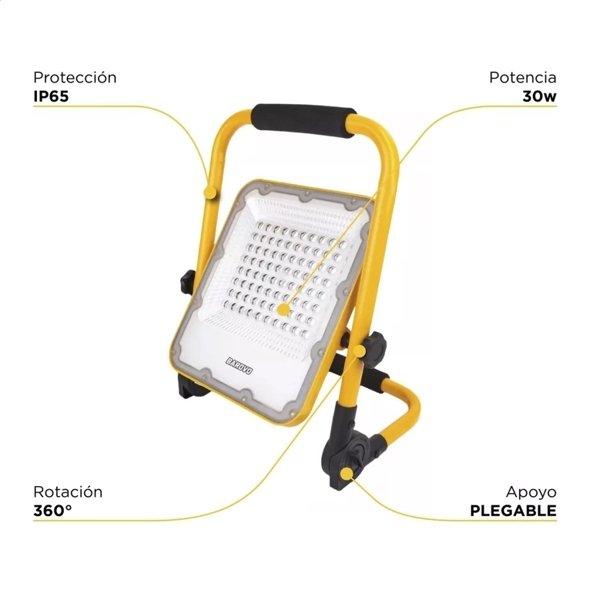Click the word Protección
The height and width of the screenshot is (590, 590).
click(x=75, y=78)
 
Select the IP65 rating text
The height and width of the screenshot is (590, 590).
click(x=51, y=96)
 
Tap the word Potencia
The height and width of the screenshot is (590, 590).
click(x=523, y=78)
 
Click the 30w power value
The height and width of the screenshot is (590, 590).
click(x=539, y=96)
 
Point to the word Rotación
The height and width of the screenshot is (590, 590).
click(x=68, y=492)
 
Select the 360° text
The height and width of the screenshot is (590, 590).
click(x=52, y=510)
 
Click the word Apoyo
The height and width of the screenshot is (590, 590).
click(x=531, y=492)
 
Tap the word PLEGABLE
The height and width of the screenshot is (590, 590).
click(x=513, y=510)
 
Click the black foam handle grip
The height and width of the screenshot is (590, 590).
click(x=303, y=120)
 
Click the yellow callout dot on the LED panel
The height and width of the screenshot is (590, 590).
click(x=283, y=309)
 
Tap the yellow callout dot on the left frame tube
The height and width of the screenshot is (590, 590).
click(x=210, y=192)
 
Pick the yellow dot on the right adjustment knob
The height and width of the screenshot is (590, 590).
click(x=360, y=351)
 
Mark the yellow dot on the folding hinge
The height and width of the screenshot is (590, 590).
click(x=346, y=474)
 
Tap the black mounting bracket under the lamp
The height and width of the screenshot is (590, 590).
click(x=192, y=385)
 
